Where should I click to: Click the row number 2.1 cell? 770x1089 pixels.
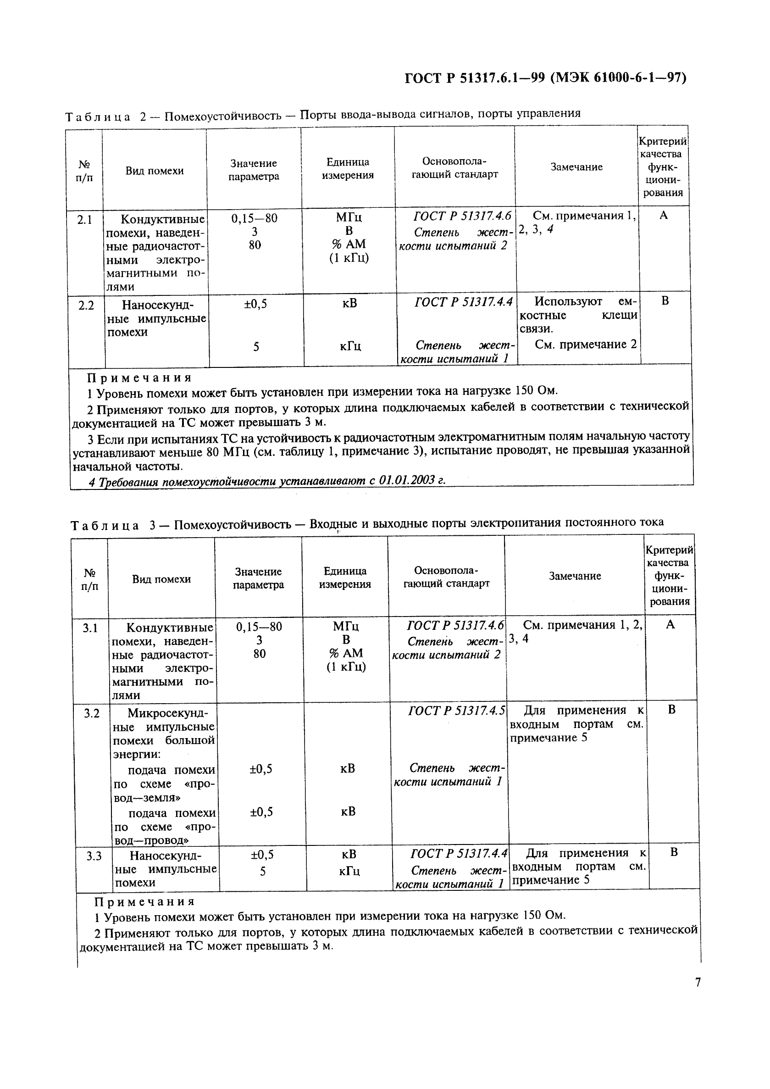coord(84,220)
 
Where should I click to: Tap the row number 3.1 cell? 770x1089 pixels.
coord(90,628)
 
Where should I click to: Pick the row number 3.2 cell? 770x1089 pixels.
coord(92,713)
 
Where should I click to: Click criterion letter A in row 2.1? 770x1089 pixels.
coord(663,216)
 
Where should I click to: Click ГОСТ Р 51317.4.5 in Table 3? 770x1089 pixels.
coord(456,711)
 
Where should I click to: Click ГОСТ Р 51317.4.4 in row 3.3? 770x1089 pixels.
coord(459,854)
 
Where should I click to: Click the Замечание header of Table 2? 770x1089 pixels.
coord(576,167)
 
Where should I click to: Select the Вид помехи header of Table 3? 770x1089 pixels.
coord(161,579)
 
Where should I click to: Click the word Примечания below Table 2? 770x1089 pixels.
coord(139,378)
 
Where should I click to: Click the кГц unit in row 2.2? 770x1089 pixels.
coord(350,347)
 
